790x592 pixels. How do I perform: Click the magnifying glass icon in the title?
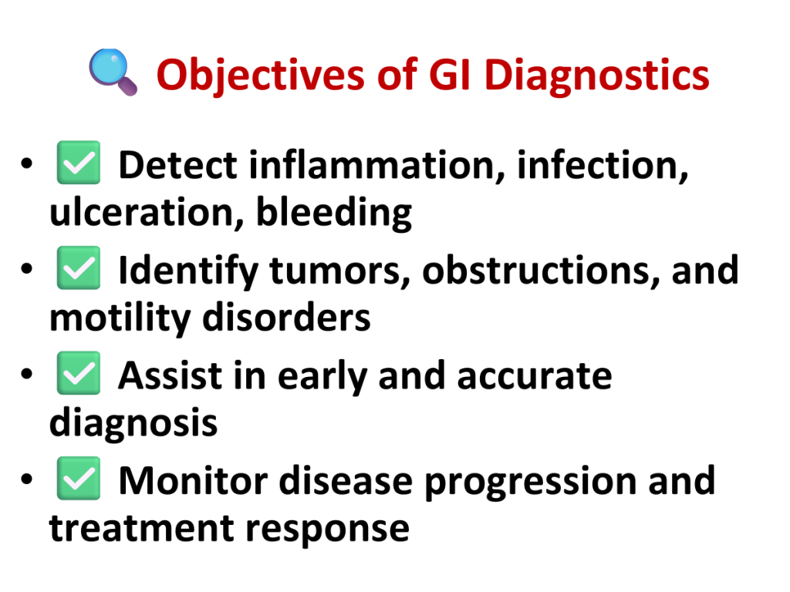point(113,72)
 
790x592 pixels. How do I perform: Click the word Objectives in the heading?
point(260,76)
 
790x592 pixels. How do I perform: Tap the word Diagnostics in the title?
point(596,76)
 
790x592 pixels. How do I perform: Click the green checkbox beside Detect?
point(78,163)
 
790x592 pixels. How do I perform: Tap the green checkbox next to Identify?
point(78,267)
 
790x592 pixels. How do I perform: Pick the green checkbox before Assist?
point(78,373)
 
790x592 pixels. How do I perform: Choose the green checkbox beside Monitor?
point(78,478)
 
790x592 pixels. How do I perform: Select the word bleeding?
point(334,213)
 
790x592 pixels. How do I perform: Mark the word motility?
point(120,318)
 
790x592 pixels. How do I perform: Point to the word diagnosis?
point(133,423)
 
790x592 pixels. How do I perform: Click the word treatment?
point(142,529)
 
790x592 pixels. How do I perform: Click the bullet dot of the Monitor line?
point(27,479)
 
